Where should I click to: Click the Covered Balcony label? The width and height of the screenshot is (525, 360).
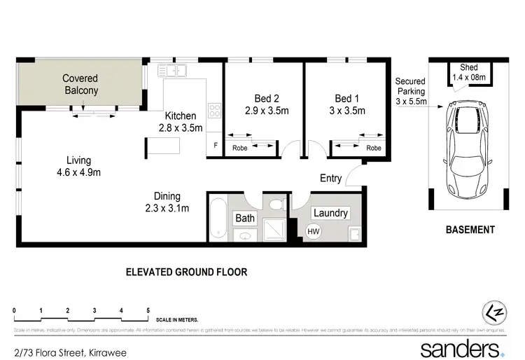80,85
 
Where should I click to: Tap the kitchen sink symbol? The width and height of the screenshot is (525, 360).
171,70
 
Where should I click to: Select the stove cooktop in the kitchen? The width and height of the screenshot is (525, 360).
215,111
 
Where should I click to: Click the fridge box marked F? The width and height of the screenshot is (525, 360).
215,146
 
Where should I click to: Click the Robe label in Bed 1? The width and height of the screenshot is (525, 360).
374,148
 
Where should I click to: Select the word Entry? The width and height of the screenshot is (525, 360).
330,178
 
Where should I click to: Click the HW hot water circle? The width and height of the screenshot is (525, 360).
313,231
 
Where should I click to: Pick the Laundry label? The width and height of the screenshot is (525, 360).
330,213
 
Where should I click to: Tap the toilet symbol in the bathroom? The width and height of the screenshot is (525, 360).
276,204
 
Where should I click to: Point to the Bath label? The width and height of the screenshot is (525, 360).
245,219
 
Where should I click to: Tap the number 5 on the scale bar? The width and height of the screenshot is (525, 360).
148,310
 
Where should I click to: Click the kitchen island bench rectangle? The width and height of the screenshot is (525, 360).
162,146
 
